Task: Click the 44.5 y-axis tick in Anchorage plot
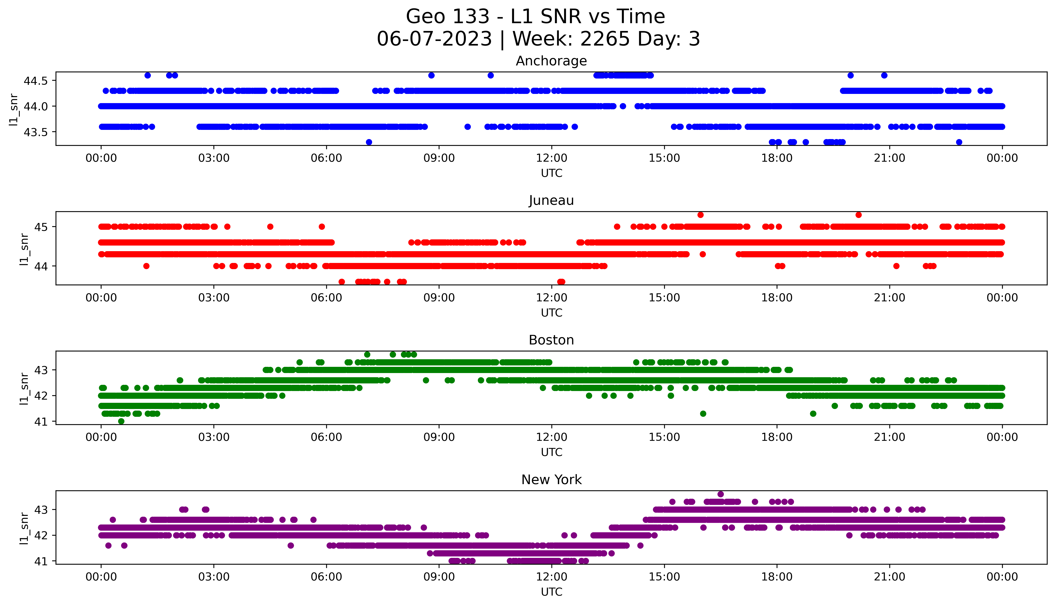(36, 81)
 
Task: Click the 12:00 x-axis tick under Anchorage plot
(551, 158)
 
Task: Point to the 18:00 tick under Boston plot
(777, 437)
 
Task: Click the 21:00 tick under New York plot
(889, 577)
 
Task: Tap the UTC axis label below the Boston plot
(551, 452)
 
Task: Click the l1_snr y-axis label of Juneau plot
(24, 249)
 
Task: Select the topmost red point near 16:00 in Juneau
(700, 215)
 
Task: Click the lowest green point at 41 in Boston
(121, 421)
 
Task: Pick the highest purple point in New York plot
(720, 494)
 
